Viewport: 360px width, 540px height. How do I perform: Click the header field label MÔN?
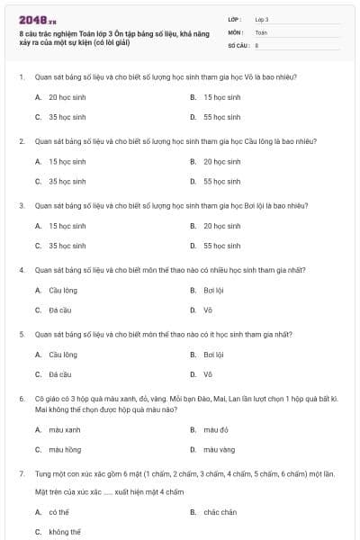click(236, 31)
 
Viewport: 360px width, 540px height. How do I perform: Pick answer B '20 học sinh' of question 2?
click(221, 161)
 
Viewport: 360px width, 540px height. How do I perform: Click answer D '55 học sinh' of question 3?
click(221, 246)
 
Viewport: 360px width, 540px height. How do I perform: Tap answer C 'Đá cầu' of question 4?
click(59, 310)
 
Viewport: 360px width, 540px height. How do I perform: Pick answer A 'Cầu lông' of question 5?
click(62, 355)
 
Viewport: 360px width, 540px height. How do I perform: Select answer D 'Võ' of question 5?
click(208, 374)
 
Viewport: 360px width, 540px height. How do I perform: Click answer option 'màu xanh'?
click(64, 430)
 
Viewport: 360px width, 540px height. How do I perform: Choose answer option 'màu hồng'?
click(64, 449)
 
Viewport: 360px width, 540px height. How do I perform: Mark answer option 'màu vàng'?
click(219, 449)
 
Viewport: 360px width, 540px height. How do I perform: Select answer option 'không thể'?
click(64, 532)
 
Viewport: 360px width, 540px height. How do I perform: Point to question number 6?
click(22, 397)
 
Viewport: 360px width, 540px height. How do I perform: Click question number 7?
click(22, 472)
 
